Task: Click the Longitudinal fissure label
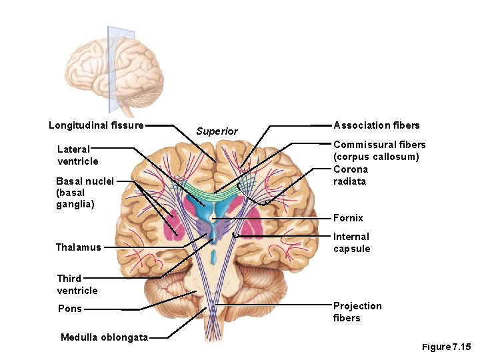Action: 96,125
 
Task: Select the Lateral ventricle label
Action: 77,155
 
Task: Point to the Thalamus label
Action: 79,247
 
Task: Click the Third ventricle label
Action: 77,285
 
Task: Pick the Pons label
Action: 70,309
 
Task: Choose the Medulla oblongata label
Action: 104,337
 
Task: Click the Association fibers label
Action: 377,125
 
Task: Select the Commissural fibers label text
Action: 379,145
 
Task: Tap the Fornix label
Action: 348,218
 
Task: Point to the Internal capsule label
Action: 351,243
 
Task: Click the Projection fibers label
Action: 357,312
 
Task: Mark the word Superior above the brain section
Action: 217,131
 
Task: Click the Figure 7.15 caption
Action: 446,347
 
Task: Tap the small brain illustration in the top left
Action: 113,67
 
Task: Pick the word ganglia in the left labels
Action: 75,205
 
